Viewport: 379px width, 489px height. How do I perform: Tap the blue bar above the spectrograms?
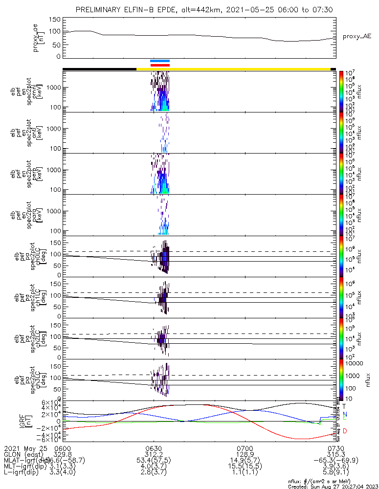(x=160, y=61)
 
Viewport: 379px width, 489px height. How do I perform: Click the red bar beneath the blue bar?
(x=160, y=65)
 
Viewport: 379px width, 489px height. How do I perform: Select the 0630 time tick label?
(x=154, y=448)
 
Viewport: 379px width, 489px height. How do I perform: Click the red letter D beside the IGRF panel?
(x=345, y=431)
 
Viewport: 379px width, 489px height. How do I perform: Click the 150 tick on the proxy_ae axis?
(x=55, y=20)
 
